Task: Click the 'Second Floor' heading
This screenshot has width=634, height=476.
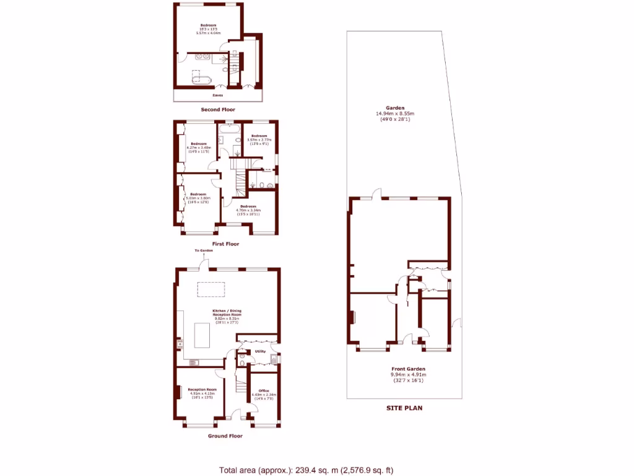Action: (217, 110)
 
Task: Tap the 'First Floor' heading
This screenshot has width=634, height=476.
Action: (225, 244)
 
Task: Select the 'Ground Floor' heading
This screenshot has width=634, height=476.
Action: (225, 436)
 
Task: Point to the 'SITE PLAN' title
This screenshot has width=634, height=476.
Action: (404, 408)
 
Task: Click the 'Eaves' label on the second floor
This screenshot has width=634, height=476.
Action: (217, 95)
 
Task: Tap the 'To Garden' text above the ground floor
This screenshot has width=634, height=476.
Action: (204, 250)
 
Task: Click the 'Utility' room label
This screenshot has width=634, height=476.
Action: (260, 351)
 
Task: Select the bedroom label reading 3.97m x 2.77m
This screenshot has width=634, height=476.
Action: (258, 139)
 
